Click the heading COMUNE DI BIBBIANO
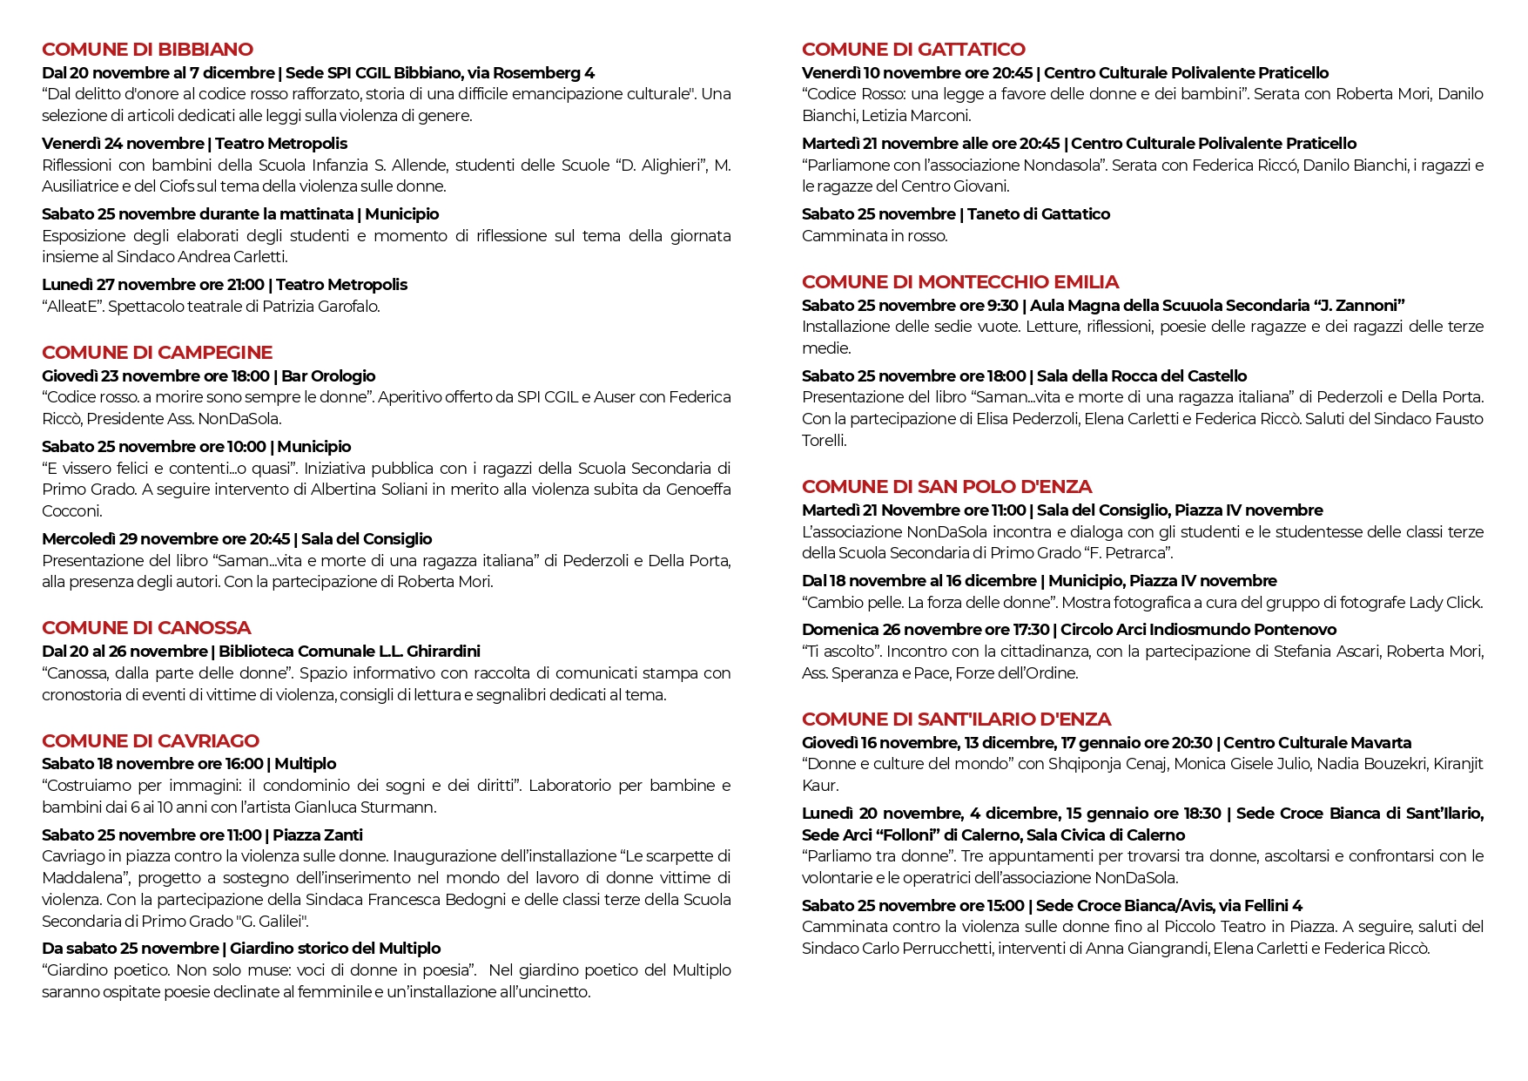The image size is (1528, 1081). click(x=147, y=50)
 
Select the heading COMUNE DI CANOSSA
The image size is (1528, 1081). click(x=146, y=628)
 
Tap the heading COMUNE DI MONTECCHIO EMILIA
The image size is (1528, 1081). click(x=959, y=282)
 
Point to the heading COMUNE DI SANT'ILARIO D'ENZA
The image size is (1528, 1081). click(x=956, y=720)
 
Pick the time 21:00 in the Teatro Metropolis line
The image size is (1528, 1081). click(x=246, y=285)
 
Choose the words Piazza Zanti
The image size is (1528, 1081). click(x=318, y=835)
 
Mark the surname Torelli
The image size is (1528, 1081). click(x=824, y=441)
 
